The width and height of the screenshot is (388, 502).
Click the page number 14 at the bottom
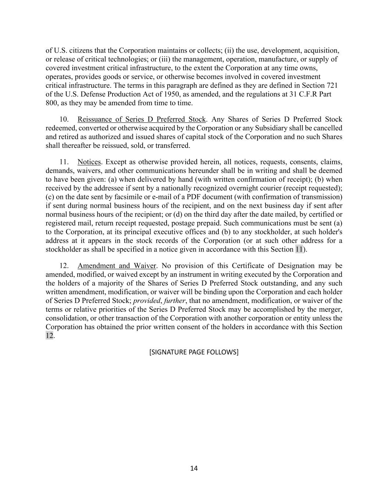tap(194, 468)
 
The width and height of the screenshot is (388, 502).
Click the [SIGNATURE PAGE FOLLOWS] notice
tap(194, 352)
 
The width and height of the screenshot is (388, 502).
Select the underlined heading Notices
tap(89, 162)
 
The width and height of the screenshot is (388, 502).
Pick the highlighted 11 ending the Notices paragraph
tap(299, 249)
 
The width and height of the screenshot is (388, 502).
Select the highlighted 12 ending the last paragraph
tap(49, 336)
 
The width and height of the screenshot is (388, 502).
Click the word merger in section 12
tap(331, 309)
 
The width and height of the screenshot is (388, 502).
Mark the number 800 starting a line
tap(51, 103)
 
